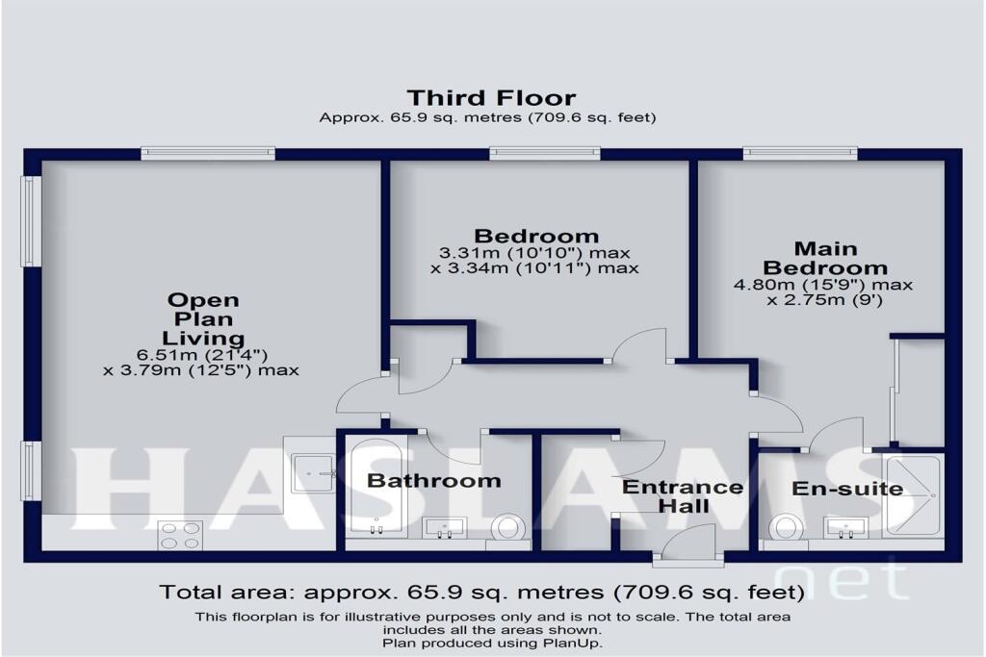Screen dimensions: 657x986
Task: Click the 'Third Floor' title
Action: (491, 97)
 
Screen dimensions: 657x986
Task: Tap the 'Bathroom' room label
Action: (434, 480)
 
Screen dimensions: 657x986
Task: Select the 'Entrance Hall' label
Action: (682, 496)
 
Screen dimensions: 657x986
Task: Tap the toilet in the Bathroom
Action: (506, 527)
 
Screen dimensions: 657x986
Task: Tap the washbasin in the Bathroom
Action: (444, 527)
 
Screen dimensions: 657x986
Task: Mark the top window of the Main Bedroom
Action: (799, 152)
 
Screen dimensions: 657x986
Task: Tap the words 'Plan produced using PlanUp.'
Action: (492, 642)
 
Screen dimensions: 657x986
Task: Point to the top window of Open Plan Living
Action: (207, 152)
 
